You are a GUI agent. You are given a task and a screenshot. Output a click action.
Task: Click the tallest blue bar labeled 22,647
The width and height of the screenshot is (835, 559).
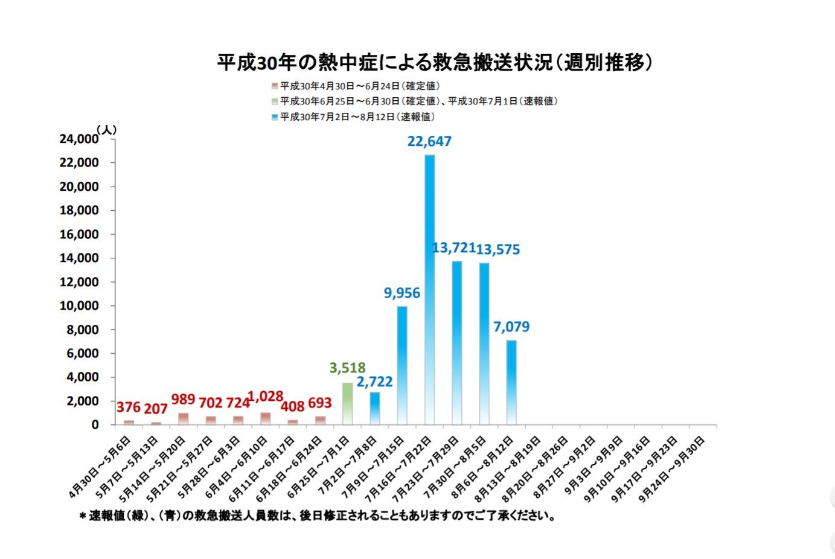coord(429,290)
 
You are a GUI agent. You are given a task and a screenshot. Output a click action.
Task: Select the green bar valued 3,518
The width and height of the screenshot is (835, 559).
coord(347,403)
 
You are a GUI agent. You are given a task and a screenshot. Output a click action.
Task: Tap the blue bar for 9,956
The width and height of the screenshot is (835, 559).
coord(402,365)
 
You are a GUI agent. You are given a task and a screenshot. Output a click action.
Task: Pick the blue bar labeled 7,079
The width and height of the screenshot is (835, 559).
coord(511,382)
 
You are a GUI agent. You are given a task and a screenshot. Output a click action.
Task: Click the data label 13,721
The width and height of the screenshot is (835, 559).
coord(454,248)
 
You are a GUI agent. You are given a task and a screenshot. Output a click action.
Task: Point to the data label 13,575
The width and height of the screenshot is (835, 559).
coord(498,249)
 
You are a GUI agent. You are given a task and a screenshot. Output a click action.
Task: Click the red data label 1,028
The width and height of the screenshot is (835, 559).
coord(266,397)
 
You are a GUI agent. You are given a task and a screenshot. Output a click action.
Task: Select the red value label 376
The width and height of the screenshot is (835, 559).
coord(129,408)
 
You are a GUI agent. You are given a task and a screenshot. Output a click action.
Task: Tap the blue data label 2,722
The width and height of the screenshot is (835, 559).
coord(374,382)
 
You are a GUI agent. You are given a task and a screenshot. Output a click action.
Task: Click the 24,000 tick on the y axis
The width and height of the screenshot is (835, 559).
coord(79,139)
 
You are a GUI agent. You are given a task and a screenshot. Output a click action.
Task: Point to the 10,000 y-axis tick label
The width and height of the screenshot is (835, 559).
coord(79,305)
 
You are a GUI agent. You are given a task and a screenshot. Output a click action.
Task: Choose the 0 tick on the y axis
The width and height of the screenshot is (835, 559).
coord(95,424)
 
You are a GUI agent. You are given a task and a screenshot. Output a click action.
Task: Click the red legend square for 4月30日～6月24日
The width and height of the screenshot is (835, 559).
coord(275,86)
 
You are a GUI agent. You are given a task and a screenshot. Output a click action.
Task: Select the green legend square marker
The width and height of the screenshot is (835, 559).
coord(275,101)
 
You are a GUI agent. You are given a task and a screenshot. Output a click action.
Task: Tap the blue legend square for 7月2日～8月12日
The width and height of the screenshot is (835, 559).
coord(275,117)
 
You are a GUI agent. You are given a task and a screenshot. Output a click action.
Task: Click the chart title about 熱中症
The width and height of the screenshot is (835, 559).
coord(435,62)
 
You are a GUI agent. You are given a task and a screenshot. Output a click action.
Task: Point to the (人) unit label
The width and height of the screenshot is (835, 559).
coord(106,129)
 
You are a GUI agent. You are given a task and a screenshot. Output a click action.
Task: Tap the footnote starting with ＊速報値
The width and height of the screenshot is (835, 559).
coord(317,516)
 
